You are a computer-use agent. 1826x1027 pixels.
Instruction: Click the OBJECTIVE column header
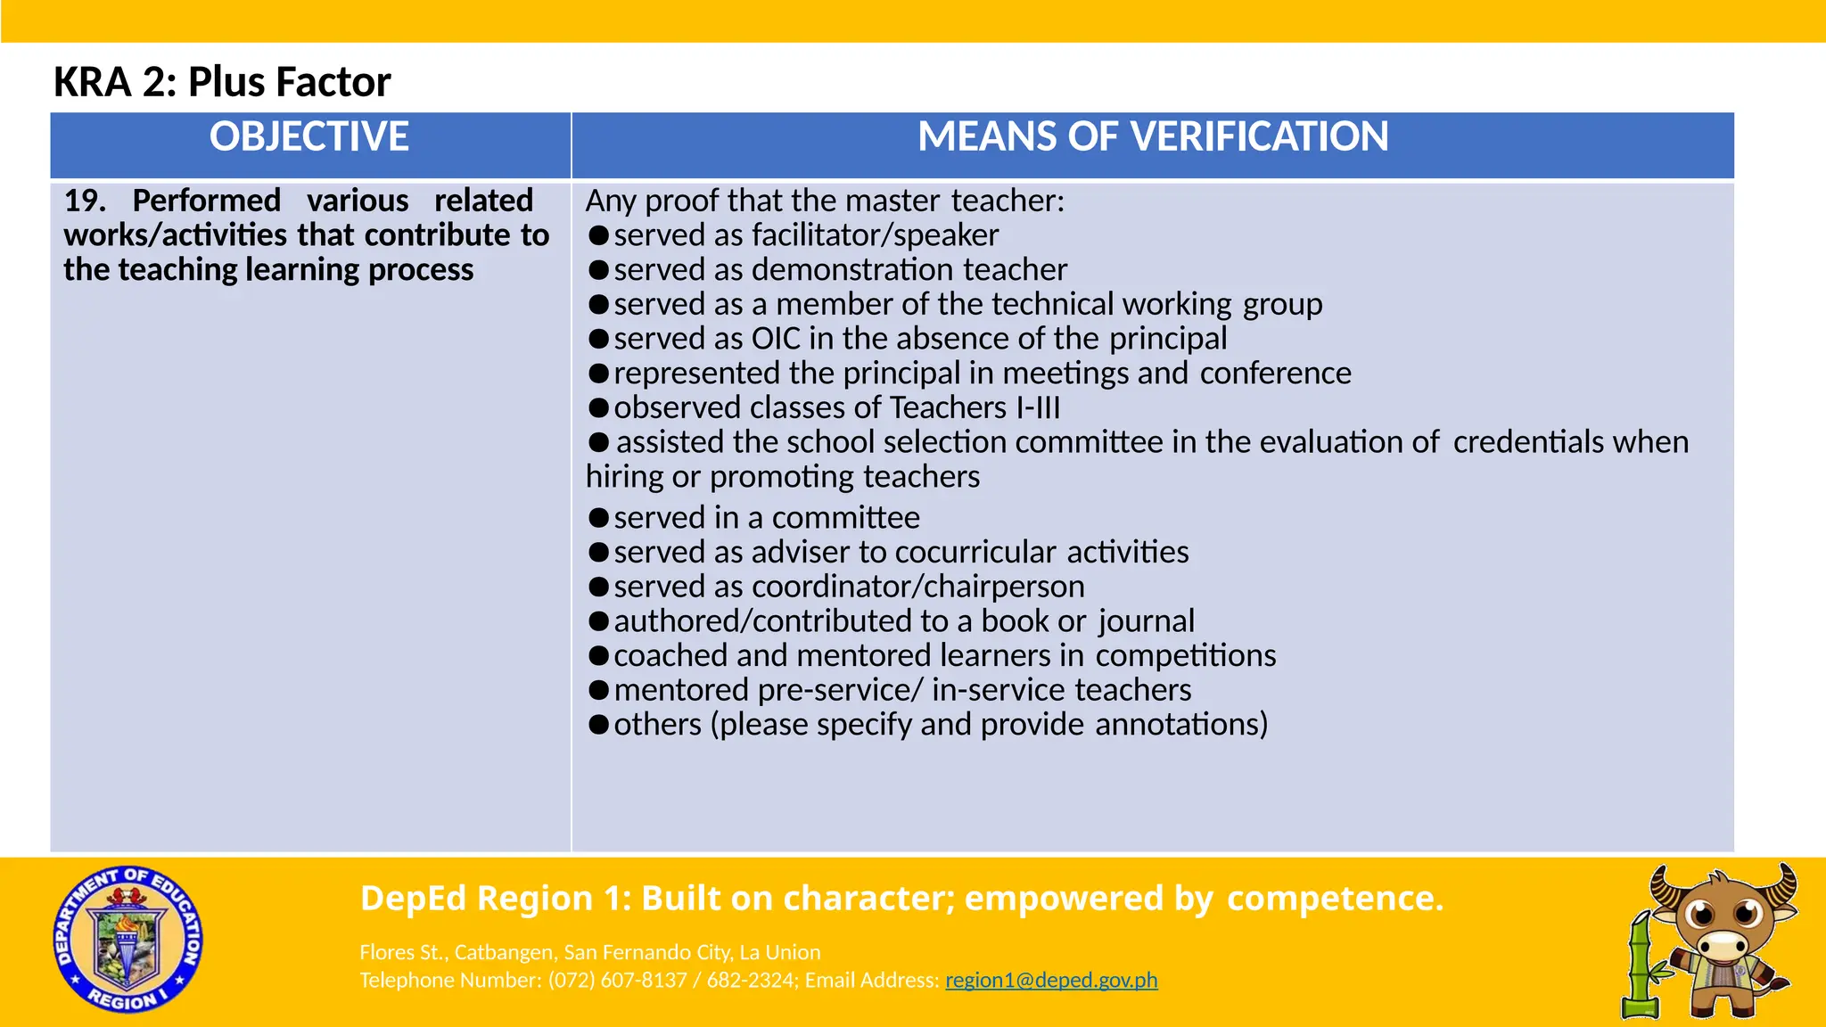[x=308, y=137]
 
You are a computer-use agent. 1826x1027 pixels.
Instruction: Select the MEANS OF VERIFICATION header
[x=1153, y=137]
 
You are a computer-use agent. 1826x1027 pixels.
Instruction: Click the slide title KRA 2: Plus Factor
[x=222, y=82]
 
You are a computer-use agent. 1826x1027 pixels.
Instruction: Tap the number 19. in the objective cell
[x=84, y=201]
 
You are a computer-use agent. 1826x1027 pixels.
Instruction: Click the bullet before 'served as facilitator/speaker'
[x=599, y=235]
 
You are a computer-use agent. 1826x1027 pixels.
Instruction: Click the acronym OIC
[x=776, y=339]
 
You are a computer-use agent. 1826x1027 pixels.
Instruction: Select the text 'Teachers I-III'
[x=975, y=407]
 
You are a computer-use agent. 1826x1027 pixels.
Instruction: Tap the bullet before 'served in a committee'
[x=599, y=518]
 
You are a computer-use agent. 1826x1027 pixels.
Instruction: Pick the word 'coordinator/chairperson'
[x=917, y=587]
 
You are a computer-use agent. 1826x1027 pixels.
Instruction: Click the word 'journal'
[x=1146, y=621]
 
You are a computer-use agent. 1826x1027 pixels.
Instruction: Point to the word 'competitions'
[x=1185, y=655]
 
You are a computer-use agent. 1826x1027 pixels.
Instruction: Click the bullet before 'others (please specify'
[x=599, y=725]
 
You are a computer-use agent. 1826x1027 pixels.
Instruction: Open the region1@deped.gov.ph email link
[x=1051, y=980]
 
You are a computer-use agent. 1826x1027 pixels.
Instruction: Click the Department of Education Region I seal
[x=127, y=939]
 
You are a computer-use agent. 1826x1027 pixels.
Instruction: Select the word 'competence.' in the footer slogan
[x=1335, y=899]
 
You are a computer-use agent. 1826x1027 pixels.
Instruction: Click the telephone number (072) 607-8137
[x=617, y=980]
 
